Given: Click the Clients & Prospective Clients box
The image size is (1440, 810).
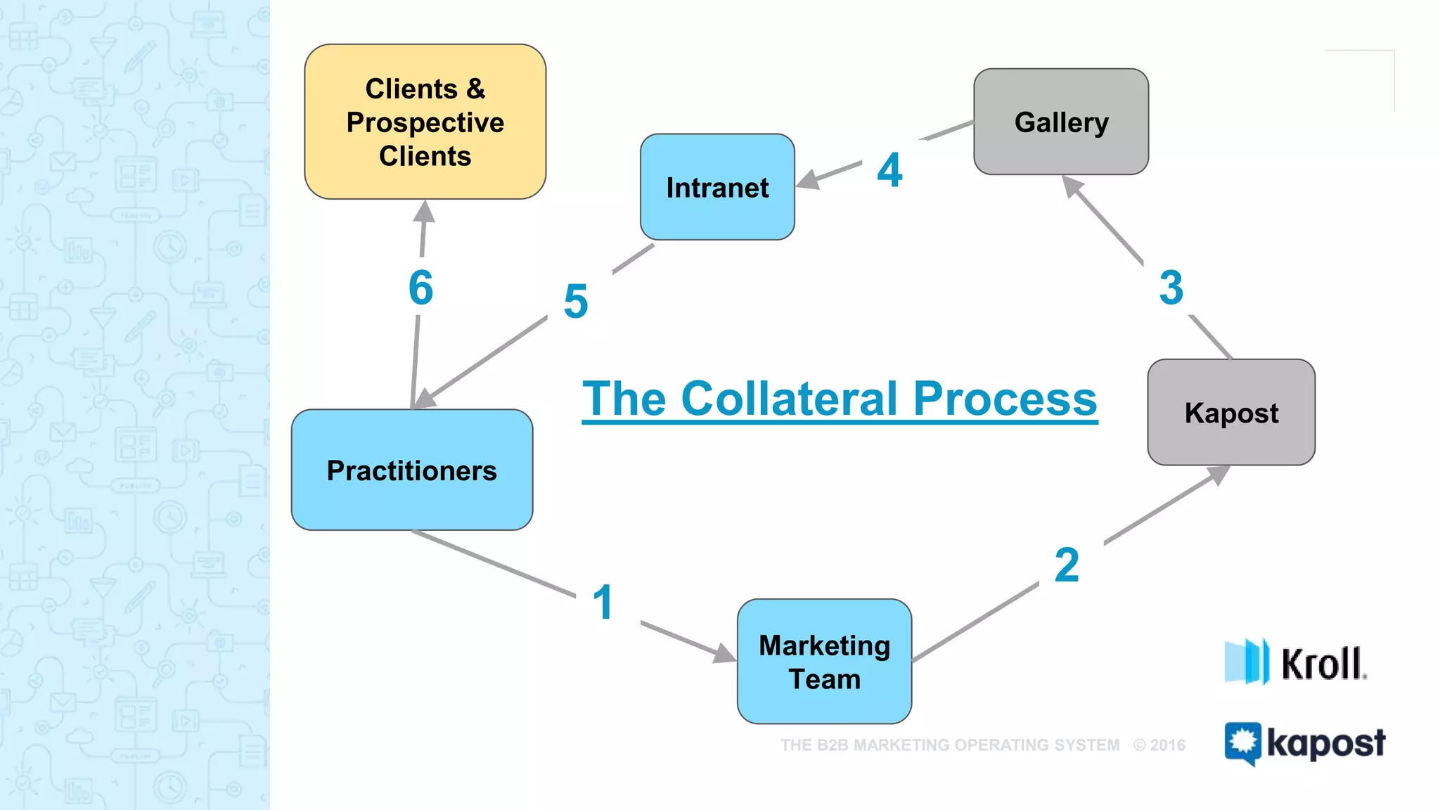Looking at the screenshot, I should pyautogui.click(x=425, y=122).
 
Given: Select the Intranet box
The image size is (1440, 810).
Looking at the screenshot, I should pyautogui.click(x=717, y=187).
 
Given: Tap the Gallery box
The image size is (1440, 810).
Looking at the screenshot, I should pyautogui.click(x=1061, y=122).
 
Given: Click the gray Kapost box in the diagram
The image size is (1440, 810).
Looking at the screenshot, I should pyautogui.click(x=1231, y=412).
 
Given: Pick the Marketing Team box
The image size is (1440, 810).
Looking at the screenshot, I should pyautogui.click(x=824, y=662).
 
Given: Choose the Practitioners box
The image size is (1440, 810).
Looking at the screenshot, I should pyautogui.click(x=412, y=470).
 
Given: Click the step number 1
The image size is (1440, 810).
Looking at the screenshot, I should pyautogui.click(x=603, y=603).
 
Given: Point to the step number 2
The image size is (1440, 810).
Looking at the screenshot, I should pyautogui.click(x=1067, y=565).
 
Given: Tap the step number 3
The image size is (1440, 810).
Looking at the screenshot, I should pyautogui.click(x=1171, y=288).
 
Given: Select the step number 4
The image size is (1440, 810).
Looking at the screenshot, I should pyautogui.click(x=889, y=170).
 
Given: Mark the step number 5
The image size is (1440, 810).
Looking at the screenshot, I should pyautogui.click(x=576, y=302).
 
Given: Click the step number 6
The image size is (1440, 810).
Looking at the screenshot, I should pyautogui.click(x=421, y=288).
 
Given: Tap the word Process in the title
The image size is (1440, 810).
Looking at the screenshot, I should pyautogui.click(x=1005, y=399).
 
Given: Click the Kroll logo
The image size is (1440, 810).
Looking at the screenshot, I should pyautogui.click(x=1295, y=662).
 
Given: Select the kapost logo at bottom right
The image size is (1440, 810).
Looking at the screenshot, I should pyautogui.click(x=1305, y=743).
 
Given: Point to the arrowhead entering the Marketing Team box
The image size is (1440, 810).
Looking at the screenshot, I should pyautogui.click(x=724, y=654).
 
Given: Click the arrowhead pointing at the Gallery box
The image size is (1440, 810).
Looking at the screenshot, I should pyautogui.click(x=1072, y=186).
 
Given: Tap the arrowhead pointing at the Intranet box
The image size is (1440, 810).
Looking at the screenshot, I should pyautogui.click(x=807, y=180).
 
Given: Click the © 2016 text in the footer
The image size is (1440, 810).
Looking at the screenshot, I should pyautogui.click(x=1159, y=745).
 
